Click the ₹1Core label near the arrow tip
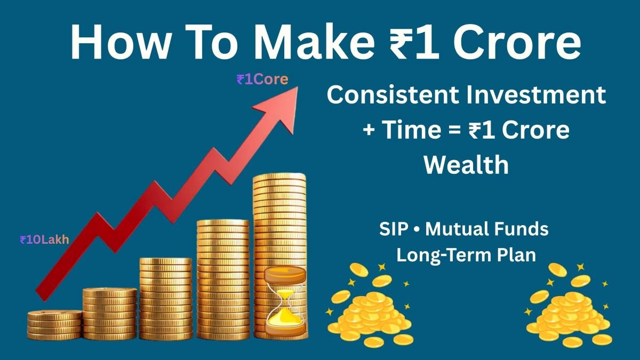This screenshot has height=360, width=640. click(262, 80)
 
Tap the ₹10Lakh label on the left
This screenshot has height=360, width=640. click(44, 240)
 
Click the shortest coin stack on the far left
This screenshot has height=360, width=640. click(54, 324)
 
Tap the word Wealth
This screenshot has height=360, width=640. click(466, 165)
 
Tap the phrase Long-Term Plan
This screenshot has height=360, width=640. click(466, 254)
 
